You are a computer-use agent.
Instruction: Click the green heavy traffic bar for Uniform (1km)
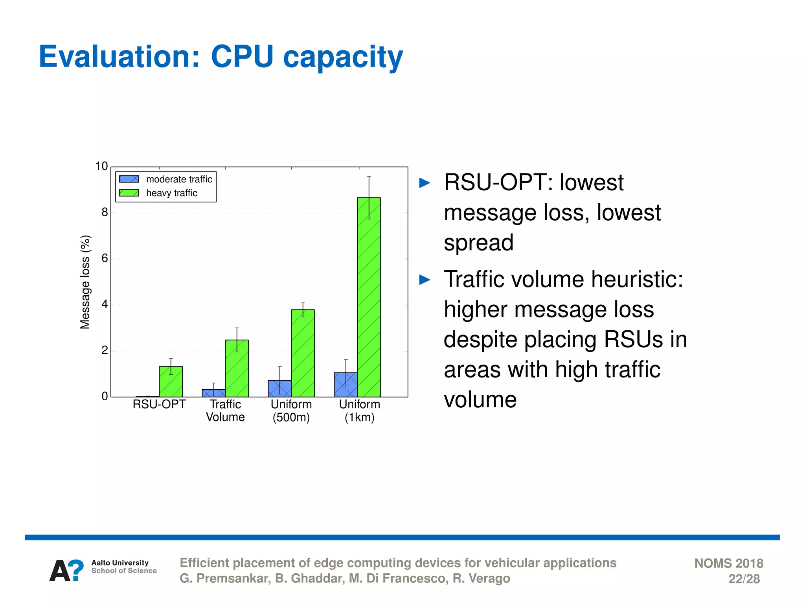369,297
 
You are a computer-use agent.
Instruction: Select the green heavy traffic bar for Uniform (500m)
303,353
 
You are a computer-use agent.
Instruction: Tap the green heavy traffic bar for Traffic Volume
237,368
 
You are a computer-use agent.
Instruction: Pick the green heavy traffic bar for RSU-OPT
171,381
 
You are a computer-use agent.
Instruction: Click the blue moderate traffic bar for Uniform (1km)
346,385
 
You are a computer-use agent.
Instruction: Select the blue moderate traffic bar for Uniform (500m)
279,389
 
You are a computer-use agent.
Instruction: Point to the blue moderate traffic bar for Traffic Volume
213,393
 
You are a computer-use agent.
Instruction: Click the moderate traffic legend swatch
129,179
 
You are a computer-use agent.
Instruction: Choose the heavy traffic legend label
171,193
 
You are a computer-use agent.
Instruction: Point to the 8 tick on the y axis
105,213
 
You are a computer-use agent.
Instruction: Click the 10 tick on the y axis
101,166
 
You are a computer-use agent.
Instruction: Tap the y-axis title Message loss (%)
85,282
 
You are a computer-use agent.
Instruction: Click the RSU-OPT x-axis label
159,404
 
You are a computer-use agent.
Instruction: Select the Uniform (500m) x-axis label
291,411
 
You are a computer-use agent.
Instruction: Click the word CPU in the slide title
242,57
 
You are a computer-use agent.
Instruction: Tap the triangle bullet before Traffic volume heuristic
425,280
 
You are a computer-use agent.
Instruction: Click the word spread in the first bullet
478,243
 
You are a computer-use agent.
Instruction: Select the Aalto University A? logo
66,571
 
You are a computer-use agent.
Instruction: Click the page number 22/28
744,579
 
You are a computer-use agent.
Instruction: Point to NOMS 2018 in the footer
728,563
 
